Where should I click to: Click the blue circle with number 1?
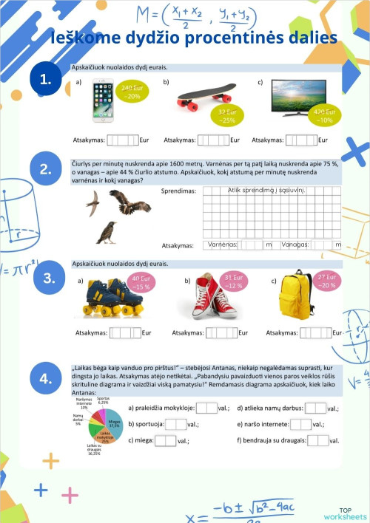tap(46, 81)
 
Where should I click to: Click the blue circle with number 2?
tap(46, 169)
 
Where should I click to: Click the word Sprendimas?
tap(178, 191)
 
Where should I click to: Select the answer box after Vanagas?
tap(321, 245)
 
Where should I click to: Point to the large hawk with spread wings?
tap(129, 202)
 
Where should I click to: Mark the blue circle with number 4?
tap(46, 379)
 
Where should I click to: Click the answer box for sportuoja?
tap(176, 424)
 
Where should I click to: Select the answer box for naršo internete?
tap(300, 424)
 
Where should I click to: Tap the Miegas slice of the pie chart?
tap(112, 426)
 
